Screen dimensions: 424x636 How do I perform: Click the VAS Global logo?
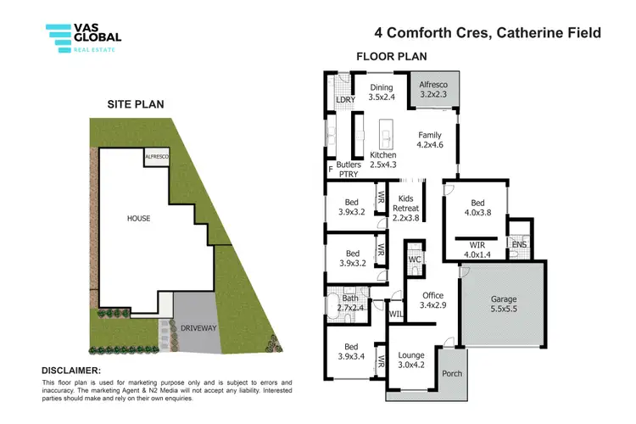coord(83,38)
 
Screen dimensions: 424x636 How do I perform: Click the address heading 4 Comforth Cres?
coord(488,33)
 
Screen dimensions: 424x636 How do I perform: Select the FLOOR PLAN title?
coord(391,57)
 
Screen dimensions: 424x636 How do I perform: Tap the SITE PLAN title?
coord(135,104)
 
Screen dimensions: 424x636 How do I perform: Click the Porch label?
coord(453,374)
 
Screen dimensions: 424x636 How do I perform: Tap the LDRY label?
coord(344,100)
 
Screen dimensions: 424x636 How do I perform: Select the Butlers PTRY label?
coord(349,170)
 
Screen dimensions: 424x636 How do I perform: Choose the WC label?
coord(415,259)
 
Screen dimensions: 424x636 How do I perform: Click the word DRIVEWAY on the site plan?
coord(197,327)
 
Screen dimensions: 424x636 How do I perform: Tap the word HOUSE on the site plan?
coord(138,218)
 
